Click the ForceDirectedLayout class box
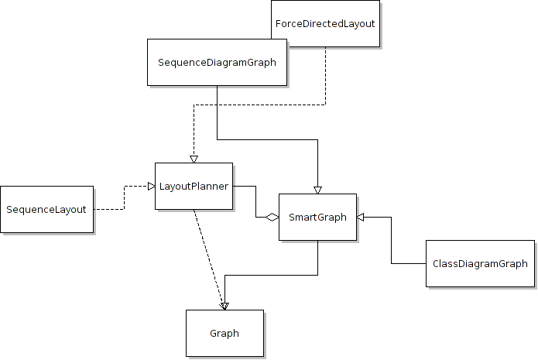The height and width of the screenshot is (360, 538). tap(325, 23)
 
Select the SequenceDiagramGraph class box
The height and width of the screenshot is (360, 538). tap(217, 62)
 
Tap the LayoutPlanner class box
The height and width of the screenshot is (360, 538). tap(194, 186)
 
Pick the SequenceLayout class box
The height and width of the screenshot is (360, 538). tap(46, 209)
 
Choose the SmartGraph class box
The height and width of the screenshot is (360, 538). tap(317, 217)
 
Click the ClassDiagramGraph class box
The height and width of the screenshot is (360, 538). tap(480, 263)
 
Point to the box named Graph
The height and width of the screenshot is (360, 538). tap(224, 334)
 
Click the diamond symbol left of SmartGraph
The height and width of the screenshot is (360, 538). tap(271, 218)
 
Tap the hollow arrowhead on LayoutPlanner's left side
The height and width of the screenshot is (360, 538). tap(151, 186)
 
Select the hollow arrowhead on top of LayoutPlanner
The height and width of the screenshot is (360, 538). tap(194, 159)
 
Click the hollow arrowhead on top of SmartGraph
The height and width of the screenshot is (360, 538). tap(317, 190)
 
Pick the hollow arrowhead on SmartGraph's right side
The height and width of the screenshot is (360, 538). tap(361, 218)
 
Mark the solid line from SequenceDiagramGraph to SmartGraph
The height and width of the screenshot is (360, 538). tap(267, 139)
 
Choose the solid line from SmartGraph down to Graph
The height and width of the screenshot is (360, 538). tap(271, 275)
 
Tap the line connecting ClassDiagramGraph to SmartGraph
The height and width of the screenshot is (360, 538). tap(391, 240)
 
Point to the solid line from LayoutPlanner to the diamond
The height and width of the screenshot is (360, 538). tap(255, 201)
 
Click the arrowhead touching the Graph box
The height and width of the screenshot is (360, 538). tap(224, 305)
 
